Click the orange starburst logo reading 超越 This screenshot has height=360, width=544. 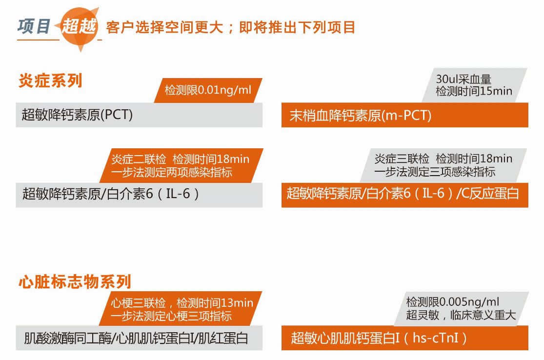79,28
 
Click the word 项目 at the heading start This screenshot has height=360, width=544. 34,26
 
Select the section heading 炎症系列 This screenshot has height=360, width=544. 50,81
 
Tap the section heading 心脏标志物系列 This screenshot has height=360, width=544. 75,281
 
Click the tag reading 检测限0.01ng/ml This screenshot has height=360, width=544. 208,90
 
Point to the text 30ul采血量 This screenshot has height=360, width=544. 463,79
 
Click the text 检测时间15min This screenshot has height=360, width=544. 474,91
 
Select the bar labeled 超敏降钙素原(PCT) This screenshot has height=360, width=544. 139,115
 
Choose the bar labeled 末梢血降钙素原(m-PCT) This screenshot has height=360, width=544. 405,115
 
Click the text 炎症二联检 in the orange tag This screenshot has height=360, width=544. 139,159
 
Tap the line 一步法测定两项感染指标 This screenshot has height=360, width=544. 172,172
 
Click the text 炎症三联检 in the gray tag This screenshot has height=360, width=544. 402,159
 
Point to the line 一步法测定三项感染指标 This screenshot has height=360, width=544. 435,172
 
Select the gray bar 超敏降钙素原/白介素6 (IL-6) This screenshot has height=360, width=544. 139,195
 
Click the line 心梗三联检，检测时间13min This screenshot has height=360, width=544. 182,303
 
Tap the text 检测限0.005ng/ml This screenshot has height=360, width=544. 453,302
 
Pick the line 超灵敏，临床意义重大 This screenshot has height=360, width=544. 461,315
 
